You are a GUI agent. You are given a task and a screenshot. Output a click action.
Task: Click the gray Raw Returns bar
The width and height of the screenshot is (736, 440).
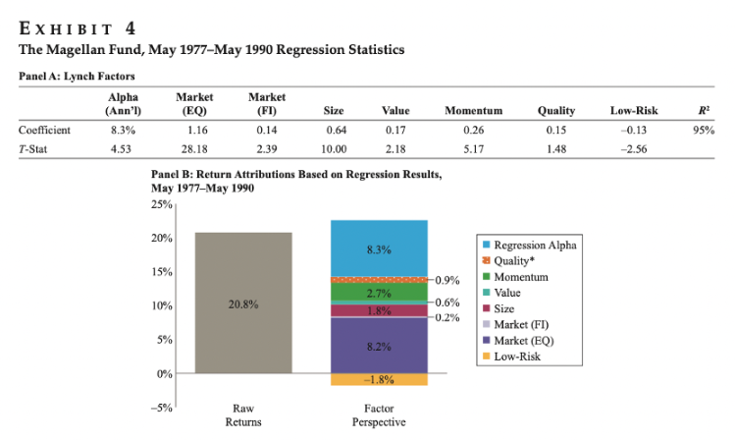point(243,334)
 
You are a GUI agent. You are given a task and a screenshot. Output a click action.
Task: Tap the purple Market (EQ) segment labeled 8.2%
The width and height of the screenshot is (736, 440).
point(379,347)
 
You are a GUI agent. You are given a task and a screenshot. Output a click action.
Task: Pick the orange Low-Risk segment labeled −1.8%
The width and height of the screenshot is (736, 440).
point(379,380)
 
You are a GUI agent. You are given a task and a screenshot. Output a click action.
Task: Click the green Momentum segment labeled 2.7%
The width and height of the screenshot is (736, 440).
point(379,293)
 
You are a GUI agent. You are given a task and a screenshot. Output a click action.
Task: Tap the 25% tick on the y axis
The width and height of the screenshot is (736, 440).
point(163,204)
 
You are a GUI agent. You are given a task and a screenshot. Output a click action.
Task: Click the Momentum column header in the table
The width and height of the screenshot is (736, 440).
point(473,112)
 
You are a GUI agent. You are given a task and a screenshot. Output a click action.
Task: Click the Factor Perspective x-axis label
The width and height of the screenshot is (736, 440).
point(379,413)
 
